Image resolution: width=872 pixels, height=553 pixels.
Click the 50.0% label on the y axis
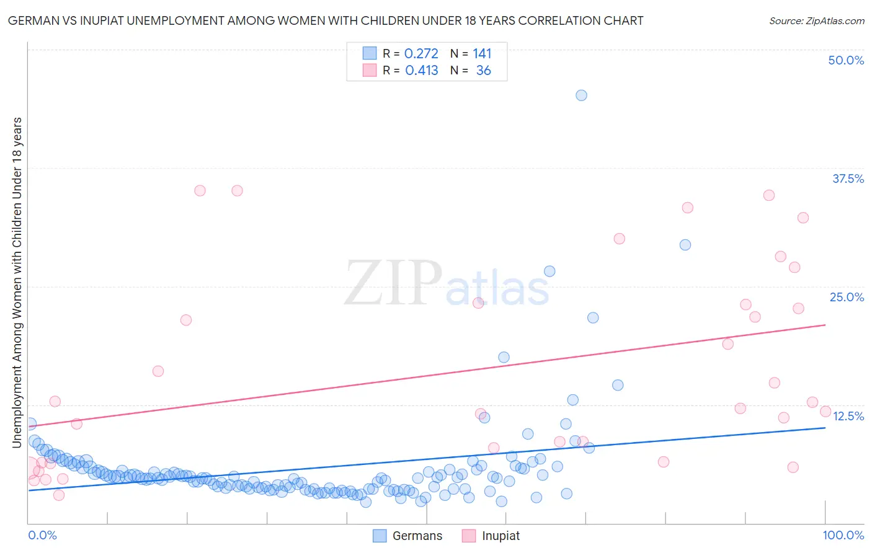point(846,60)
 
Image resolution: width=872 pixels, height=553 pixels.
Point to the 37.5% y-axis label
point(847,179)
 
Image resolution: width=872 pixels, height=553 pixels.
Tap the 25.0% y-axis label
point(847,297)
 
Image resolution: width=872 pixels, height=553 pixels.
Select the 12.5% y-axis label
point(848,416)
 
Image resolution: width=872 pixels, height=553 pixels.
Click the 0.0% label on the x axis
point(42,535)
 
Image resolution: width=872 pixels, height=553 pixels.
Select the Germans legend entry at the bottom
point(407,536)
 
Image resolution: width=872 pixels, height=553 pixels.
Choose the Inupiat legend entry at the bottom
point(491,536)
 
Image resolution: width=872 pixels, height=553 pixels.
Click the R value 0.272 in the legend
point(421,53)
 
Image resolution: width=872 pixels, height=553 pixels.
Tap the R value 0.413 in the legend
point(422,71)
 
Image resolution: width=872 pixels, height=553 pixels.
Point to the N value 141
point(482,53)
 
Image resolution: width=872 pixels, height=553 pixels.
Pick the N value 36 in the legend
point(483,71)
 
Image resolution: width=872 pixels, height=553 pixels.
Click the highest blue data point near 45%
point(581,95)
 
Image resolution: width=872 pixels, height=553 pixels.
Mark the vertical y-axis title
point(17,282)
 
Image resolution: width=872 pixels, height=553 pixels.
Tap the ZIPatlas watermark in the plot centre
point(447,283)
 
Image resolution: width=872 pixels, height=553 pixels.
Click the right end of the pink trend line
point(825,325)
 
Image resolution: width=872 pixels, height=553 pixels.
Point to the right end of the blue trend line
point(825,428)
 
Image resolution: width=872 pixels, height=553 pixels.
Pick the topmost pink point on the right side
point(769,195)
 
